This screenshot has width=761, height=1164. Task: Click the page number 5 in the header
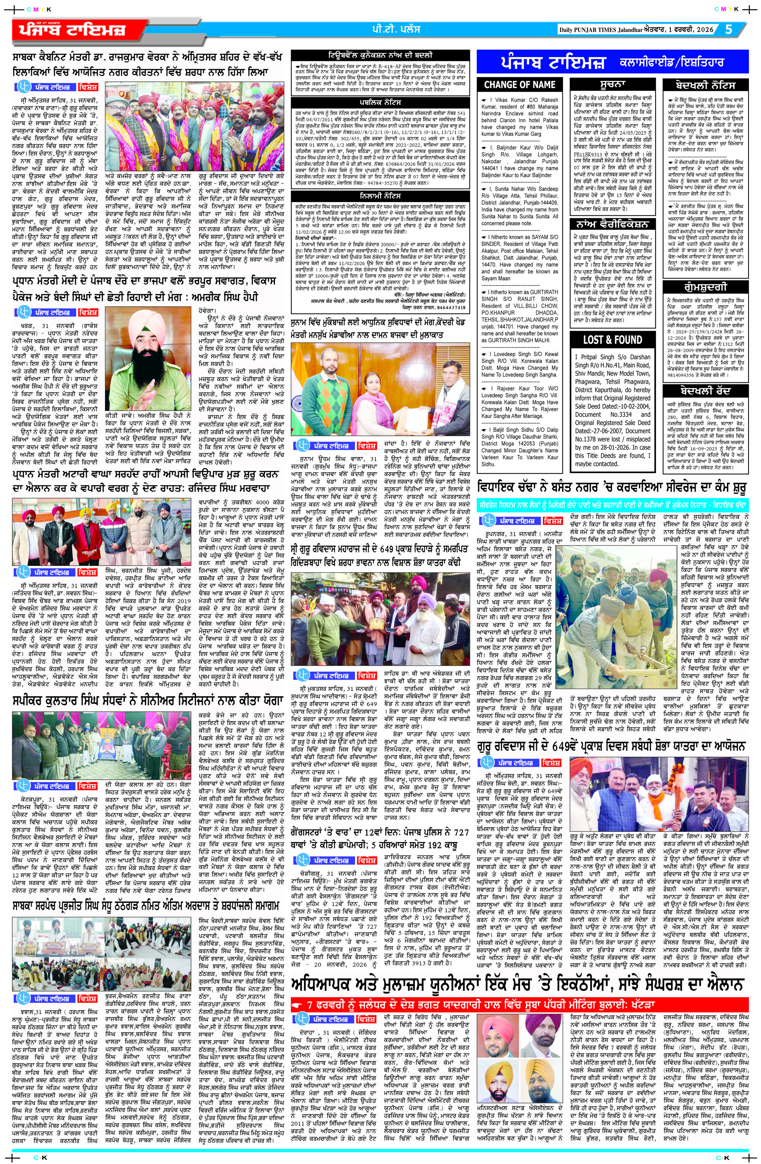pyautogui.click(x=729, y=29)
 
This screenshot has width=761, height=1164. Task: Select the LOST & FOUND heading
pyautogui.click(x=612, y=339)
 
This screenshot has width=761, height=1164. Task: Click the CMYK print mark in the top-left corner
pyautogui.click(x=35, y=9)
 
